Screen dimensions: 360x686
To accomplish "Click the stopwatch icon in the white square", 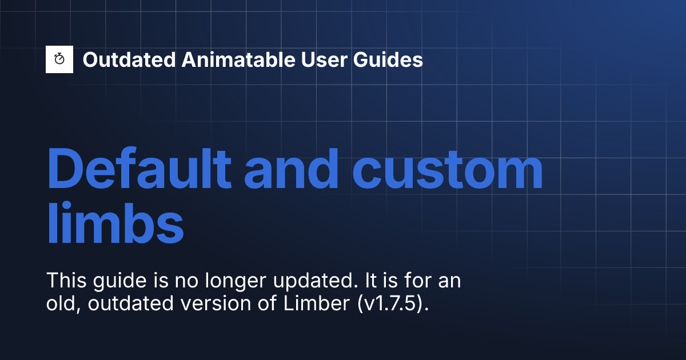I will point(59,59).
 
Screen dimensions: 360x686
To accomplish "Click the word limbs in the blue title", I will point(115,223).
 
